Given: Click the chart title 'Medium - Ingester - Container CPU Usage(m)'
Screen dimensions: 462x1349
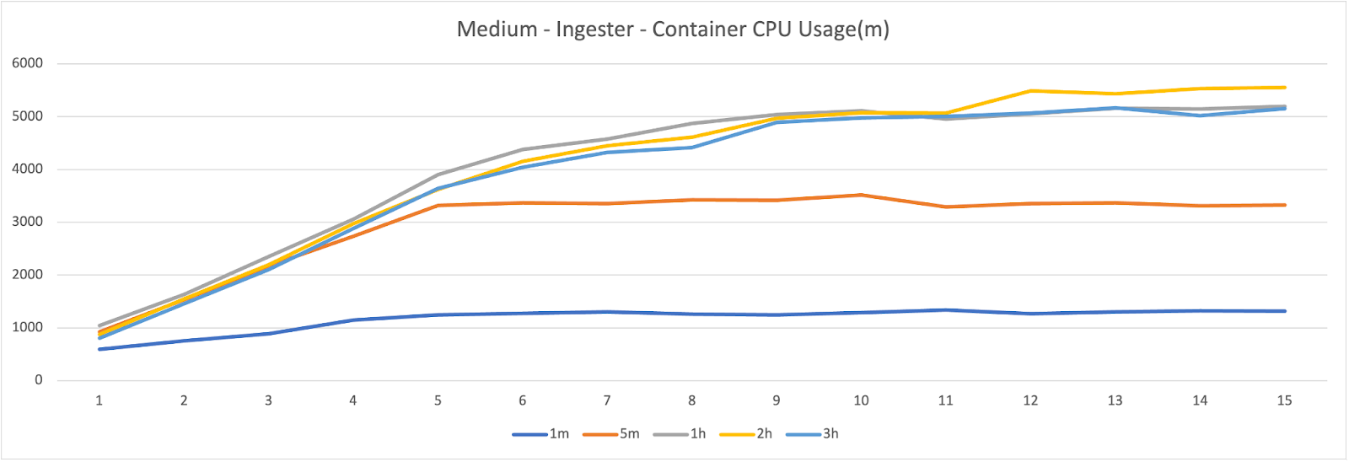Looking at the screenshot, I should pos(673,30).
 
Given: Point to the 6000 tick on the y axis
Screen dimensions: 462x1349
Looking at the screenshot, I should pos(27,63).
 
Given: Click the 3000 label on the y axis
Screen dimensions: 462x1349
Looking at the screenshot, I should pos(27,222).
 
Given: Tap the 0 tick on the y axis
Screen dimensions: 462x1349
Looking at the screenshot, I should pos(38,380).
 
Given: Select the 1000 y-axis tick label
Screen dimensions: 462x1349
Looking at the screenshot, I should pos(27,328).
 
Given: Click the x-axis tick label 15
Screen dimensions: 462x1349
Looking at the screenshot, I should pos(1284,400).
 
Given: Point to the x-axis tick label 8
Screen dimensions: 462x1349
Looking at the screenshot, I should pos(692,400).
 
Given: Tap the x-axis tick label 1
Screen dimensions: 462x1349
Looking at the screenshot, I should pos(99,400).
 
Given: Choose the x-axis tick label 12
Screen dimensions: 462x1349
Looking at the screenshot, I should pos(1030,400).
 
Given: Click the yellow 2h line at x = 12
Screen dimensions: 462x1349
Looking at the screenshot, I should pos(1030,91).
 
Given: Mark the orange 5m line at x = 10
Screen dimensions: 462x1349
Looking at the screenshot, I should pos(861,195).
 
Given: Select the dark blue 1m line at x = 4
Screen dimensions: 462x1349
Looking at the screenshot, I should pos(353,320).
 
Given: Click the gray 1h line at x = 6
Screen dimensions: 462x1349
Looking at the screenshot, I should pos(523,149).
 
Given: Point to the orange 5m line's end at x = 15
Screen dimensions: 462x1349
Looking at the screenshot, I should pos(1284,205).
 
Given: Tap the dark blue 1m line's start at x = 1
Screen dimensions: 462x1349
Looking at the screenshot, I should pos(99,349).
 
